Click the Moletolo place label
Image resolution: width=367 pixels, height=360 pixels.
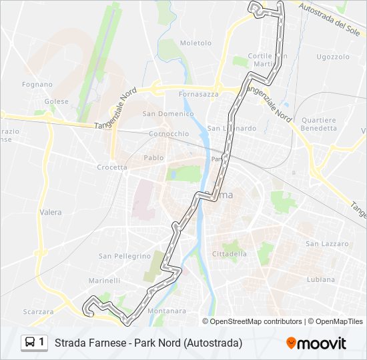196,43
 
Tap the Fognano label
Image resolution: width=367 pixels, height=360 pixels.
37,85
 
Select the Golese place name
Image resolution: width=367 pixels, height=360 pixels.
57,101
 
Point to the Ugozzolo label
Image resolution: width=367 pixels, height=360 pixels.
333,57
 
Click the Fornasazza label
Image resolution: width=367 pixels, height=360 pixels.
199,95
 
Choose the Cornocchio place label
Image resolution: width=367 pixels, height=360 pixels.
169,133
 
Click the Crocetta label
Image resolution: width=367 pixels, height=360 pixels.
112,167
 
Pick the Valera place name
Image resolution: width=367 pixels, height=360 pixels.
51,213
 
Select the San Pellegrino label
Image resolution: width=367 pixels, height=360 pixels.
125,256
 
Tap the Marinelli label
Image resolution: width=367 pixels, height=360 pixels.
104,281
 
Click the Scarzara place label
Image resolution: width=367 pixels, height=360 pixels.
39,311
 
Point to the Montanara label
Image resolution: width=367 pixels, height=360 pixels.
167,311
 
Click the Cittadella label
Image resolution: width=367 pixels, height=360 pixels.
229,254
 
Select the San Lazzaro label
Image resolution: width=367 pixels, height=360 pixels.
327,244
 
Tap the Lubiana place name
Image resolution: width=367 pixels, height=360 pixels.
321,279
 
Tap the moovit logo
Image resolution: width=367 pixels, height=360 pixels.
316,343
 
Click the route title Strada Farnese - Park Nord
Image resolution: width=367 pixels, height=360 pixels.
148,343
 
